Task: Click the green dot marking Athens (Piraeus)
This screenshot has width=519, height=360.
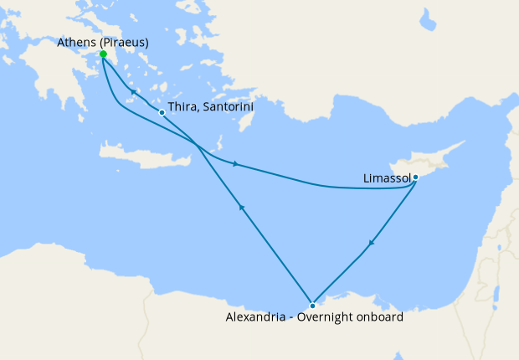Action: tap(103, 54)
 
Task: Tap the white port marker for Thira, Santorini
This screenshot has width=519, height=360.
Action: tap(162, 112)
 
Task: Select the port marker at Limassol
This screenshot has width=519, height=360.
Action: tap(415, 177)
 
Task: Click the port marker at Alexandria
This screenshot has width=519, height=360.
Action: tap(312, 306)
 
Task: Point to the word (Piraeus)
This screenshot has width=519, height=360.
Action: tap(125, 42)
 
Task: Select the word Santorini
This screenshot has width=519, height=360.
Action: tap(227, 108)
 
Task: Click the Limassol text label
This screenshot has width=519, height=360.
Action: tap(388, 178)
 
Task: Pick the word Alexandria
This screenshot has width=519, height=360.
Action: tap(257, 318)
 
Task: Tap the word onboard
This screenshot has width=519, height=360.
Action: tap(381, 318)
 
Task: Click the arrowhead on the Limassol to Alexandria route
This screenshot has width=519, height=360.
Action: tap(370, 244)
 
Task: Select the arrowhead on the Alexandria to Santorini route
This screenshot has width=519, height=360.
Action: tap(241, 206)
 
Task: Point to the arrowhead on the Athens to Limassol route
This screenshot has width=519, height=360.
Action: tap(237, 163)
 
